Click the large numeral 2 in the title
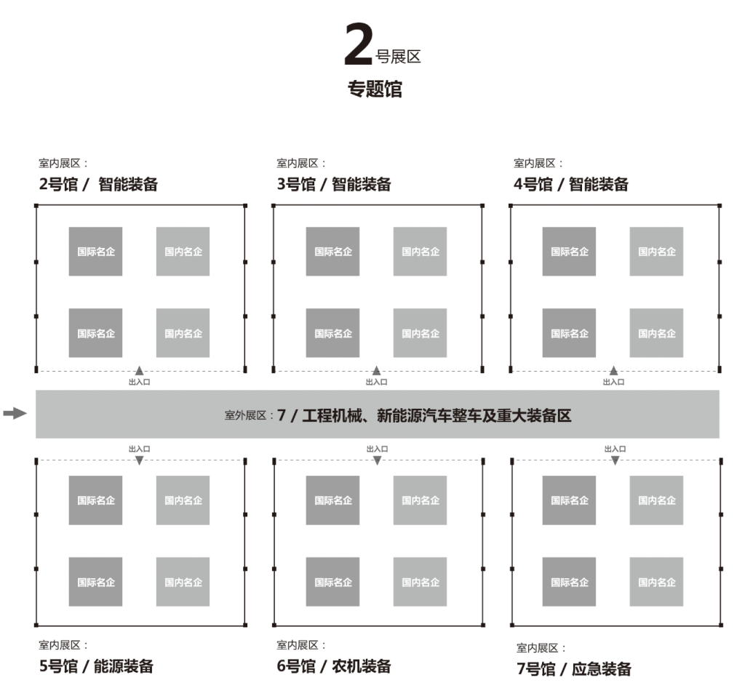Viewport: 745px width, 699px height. pyautogui.click(x=359, y=47)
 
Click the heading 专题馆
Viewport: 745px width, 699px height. pyautogui.click(x=375, y=89)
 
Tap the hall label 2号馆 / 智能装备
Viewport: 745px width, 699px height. pyautogui.click(x=98, y=185)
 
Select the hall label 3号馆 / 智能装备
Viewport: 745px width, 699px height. pyautogui.click(x=334, y=185)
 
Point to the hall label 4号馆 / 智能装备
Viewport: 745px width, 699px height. pyautogui.click(x=571, y=185)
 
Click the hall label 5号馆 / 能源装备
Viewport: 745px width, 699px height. pyautogui.click(x=96, y=666)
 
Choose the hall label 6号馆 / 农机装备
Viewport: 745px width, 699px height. pyautogui.click(x=334, y=666)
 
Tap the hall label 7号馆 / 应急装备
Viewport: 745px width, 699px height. pyautogui.click(x=574, y=669)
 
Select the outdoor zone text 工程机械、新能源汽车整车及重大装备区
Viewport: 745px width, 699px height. pyautogui.click(x=437, y=416)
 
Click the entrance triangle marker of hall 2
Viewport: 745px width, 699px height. pyautogui.click(x=139, y=371)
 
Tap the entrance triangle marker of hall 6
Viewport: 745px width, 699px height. pyautogui.click(x=377, y=460)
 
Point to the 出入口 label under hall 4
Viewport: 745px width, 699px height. pyautogui.click(x=613, y=382)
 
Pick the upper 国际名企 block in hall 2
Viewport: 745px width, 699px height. pyautogui.click(x=96, y=252)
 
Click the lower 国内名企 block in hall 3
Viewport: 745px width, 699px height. pyautogui.click(x=421, y=333)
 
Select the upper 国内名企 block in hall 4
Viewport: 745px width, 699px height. pyautogui.click(x=656, y=252)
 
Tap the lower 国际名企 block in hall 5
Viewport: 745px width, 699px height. pyautogui.click(x=96, y=582)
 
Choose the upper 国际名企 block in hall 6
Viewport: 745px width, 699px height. pyautogui.click(x=332, y=500)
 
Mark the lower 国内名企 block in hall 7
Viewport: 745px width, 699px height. pyautogui.click(x=656, y=582)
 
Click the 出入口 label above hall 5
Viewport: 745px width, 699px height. pyautogui.click(x=139, y=450)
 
